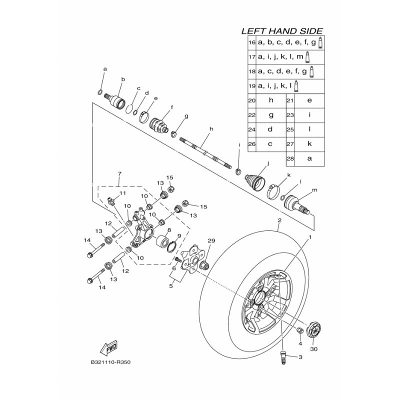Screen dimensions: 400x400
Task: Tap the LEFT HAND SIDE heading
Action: click(x=282, y=30)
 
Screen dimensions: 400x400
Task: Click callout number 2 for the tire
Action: click(x=279, y=220)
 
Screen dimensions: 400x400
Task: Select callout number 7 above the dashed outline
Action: click(x=119, y=174)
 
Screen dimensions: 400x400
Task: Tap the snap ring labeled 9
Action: click(x=171, y=245)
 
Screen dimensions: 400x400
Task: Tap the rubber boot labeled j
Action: click(x=258, y=181)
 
